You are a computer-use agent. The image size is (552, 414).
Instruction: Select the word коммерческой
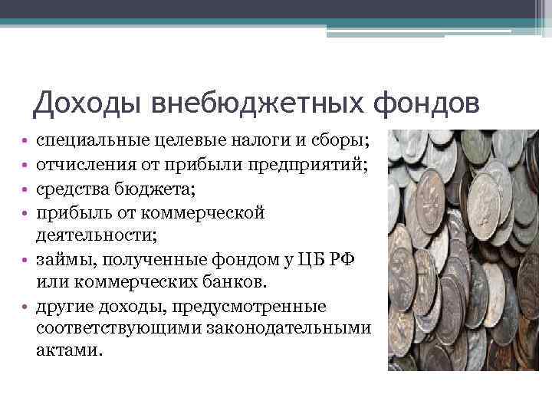tap(198, 212)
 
